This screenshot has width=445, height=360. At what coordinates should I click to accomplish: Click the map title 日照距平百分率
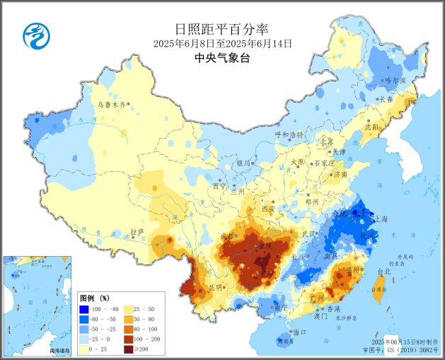pyautogui.click(x=222, y=29)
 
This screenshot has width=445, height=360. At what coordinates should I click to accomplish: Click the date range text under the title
pyautogui.click(x=222, y=43)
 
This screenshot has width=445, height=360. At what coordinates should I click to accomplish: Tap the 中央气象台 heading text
pyautogui.click(x=222, y=58)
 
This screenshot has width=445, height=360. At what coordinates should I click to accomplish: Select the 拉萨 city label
pyautogui.click(x=137, y=231)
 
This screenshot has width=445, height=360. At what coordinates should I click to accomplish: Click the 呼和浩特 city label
pyautogui.click(x=289, y=134)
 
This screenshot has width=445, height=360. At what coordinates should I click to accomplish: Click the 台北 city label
pyautogui.click(x=383, y=272)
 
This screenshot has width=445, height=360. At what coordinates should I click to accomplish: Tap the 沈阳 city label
pyautogui.click(x=371, y=127)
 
